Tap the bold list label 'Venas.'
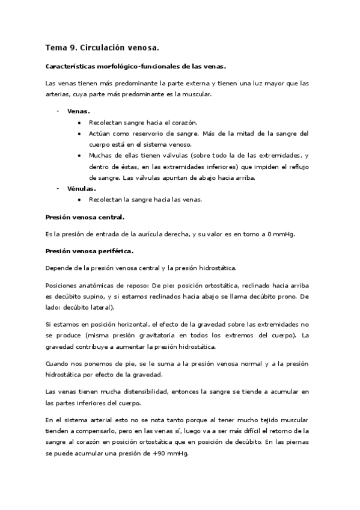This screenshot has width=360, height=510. click(78, 111)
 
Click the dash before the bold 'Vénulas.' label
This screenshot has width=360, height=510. click(58, 188)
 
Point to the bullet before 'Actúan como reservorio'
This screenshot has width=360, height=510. click(80, 133)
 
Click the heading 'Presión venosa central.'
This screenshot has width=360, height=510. click(85, 217)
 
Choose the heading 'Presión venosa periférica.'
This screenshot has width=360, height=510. click(90, 250)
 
